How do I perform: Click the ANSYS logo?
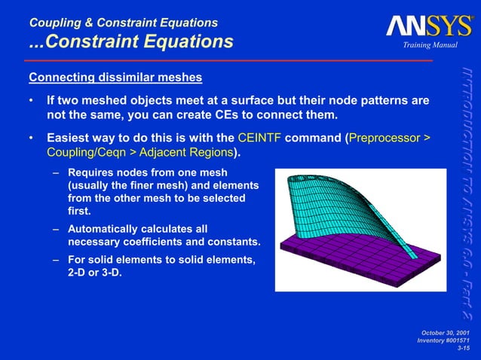point(429,26)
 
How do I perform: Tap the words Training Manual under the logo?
point(430,47)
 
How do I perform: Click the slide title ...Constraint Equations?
point(131,41)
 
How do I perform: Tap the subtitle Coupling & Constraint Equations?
point(123,23)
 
